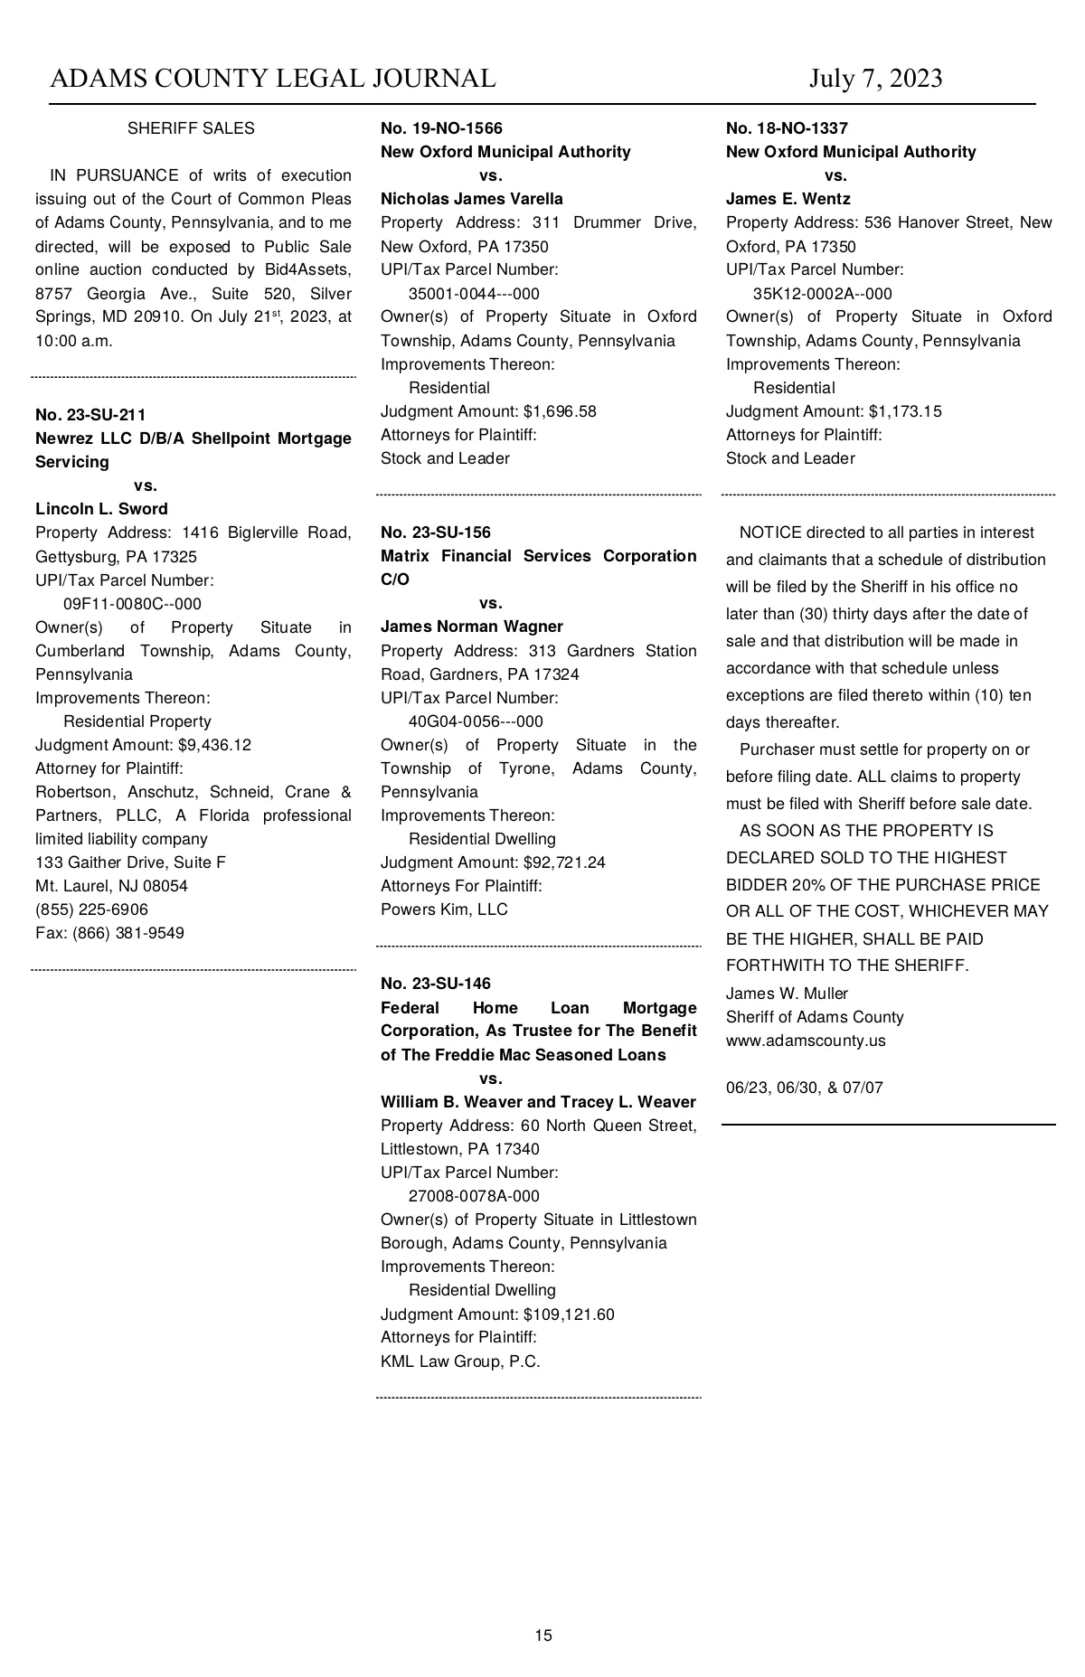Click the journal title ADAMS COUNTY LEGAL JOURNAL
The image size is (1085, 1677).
coord(272,79)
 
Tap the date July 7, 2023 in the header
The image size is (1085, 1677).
coord(875,79)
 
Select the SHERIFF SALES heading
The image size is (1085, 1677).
coord(191,128)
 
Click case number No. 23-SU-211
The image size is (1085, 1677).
coord(90,415)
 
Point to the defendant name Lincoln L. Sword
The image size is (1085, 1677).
coord(101,509)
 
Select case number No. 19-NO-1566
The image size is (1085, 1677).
coord(441,128)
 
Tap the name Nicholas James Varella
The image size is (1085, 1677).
coord(471,199)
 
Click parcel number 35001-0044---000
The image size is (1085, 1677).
coord(474,294)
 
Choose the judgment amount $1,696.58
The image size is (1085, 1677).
coord(560,411)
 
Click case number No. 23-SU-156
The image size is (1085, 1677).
coord(436,532)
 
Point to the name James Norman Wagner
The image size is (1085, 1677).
coord(471,627)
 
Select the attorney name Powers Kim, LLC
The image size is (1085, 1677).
coord(444,909)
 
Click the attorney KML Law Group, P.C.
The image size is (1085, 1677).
coord(460,1361)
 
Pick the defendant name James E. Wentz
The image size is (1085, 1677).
coord(788,199)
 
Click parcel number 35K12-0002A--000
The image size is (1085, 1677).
coord(822,294)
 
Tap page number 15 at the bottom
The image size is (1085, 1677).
coord(543,1635)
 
